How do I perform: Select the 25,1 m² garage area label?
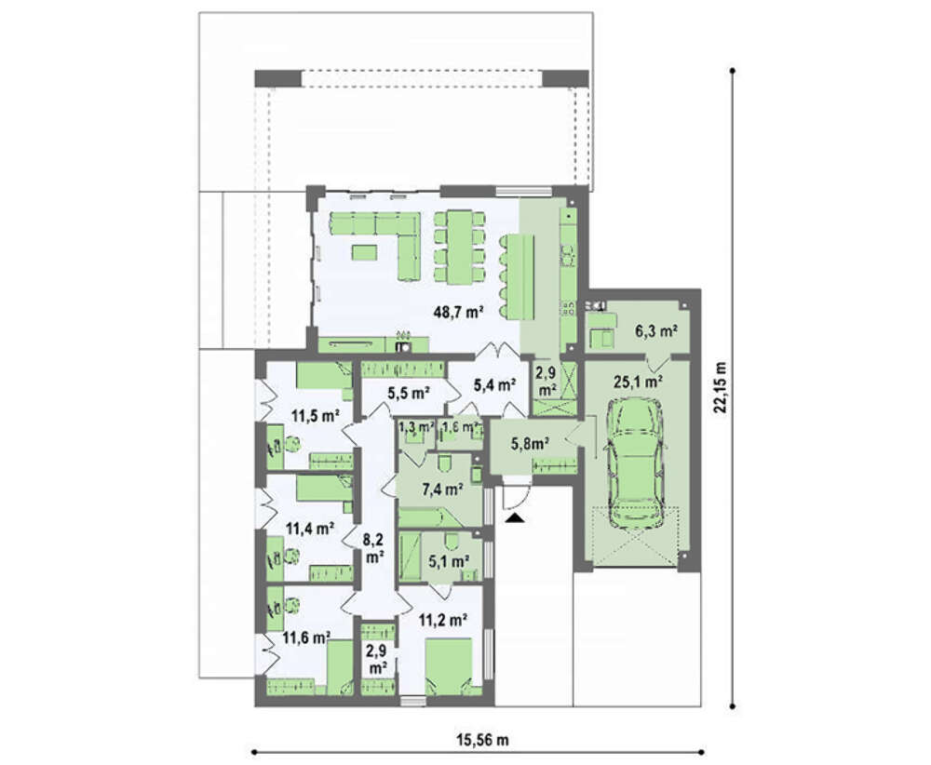tap(639, 382)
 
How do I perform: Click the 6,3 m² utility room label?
tap(656, 331)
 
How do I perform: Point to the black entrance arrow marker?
tap(516, 518)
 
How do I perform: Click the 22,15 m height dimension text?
tap(721, 387)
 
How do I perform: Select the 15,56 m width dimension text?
tap(482, 740)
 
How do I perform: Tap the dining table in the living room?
tap(460, 247)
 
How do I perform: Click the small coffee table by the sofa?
tap(365, 253)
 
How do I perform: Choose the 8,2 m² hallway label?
tap(373, 548)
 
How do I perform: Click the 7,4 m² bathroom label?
tap(442, 490)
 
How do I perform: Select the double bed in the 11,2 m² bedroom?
tap(449, 666)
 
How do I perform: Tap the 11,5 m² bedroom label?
tap(316, 415)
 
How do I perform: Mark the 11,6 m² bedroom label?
tap(306, 638)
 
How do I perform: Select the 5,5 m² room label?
tap(409, 393)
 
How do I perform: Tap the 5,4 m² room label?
tap(494, 385)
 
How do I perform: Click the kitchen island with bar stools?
tap(518, 277)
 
